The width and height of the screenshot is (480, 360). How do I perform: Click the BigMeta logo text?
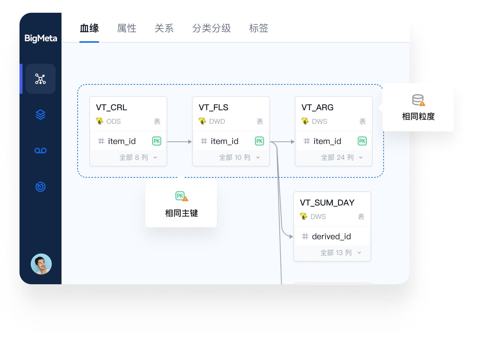[40, 39]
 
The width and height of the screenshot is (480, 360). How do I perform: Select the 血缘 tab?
[89, 28]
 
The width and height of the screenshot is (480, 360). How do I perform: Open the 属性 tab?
[127, 28]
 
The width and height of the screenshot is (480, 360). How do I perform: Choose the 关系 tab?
[164, 28]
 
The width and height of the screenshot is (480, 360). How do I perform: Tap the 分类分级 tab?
[211, 28]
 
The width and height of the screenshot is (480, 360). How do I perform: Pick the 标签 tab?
[259, 28]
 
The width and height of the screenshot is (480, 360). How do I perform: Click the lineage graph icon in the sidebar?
[40, 79]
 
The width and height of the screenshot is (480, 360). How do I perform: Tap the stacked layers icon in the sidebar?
[40, 115]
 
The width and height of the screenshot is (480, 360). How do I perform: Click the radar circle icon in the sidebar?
[40, 187]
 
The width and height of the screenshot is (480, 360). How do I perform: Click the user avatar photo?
[41, 264]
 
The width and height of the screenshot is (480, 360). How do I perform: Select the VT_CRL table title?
[111, 107]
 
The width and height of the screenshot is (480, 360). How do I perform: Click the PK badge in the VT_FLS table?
[259, 141]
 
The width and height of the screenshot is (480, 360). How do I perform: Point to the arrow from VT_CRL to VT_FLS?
[180, 142]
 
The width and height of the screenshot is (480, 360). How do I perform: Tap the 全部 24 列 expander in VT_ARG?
[341, 157]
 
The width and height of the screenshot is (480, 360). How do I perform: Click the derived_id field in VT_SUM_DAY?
[331, 237]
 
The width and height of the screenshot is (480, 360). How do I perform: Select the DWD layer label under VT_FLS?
[217, 121]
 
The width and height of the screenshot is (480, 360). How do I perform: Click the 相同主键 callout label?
[181, 213]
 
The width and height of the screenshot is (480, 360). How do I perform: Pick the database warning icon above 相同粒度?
[418, 100]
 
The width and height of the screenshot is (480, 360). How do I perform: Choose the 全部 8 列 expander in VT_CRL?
[138, 157]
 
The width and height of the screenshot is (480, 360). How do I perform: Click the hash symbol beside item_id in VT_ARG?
[306, 141]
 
